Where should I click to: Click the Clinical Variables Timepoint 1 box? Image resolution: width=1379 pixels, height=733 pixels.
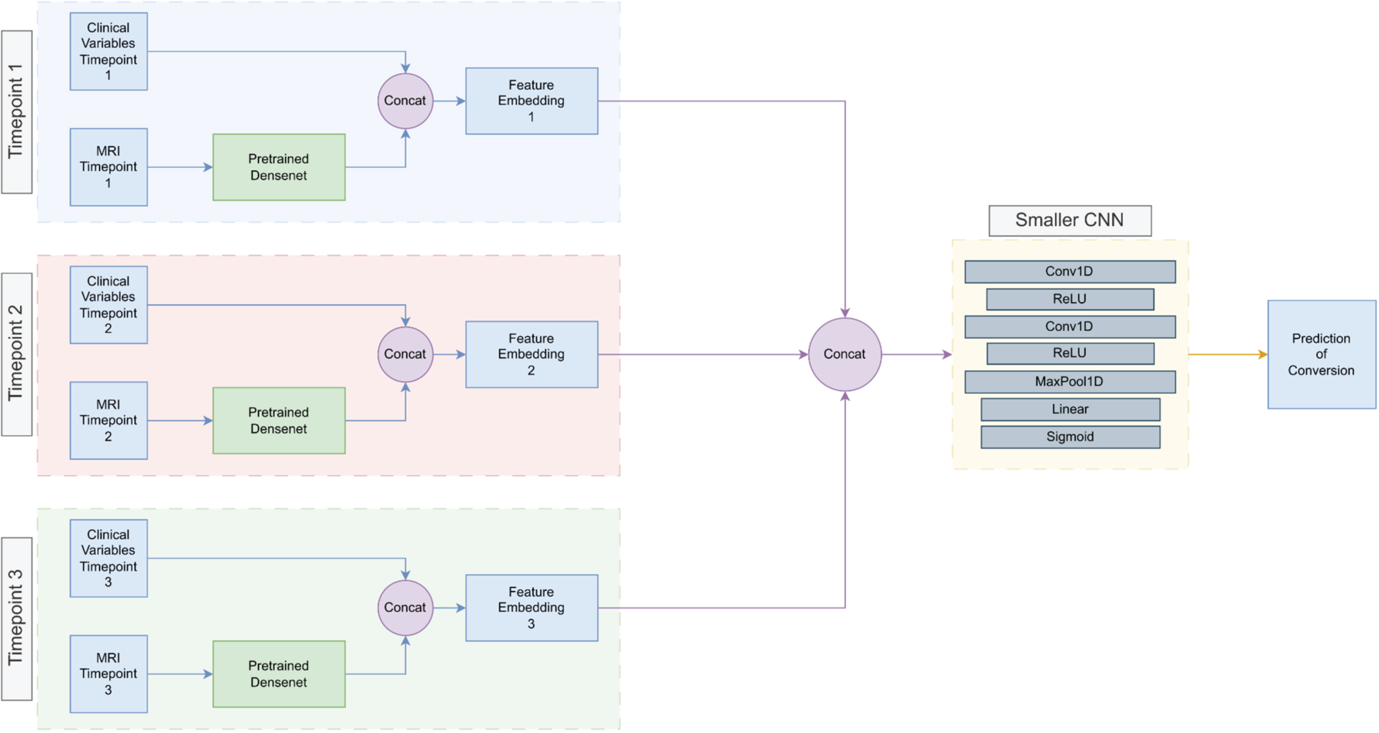(109, 51)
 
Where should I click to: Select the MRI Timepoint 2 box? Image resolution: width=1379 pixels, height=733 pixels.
(109, 420)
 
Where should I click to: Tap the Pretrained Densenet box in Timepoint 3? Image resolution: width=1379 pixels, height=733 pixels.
(279, 674)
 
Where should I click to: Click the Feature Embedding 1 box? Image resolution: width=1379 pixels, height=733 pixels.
(532, 101)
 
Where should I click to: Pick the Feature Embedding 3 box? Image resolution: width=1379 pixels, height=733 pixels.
(532, 608)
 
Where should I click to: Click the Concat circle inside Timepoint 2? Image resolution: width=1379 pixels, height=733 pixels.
(405, 354)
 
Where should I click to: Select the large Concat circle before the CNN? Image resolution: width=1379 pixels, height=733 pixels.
(845, 354)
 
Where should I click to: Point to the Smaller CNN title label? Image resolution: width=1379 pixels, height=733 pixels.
(1070, 221)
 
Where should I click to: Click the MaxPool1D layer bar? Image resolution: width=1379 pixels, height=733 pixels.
(1070, 382)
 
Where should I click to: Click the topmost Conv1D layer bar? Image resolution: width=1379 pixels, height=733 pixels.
(1070, 272)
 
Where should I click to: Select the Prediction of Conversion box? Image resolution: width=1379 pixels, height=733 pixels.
(1321, 354)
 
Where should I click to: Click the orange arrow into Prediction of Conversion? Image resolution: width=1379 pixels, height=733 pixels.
(1228, 354)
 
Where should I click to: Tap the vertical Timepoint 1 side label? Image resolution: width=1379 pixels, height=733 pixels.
(16, 112)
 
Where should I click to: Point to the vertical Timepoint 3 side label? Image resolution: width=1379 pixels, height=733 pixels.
(16, 619)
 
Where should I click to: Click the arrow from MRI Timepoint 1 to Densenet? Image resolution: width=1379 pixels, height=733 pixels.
(180, 167)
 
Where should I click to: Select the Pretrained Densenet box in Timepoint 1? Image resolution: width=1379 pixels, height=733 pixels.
(279, 167)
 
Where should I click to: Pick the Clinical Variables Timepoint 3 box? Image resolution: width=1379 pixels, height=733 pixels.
(109, 558)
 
